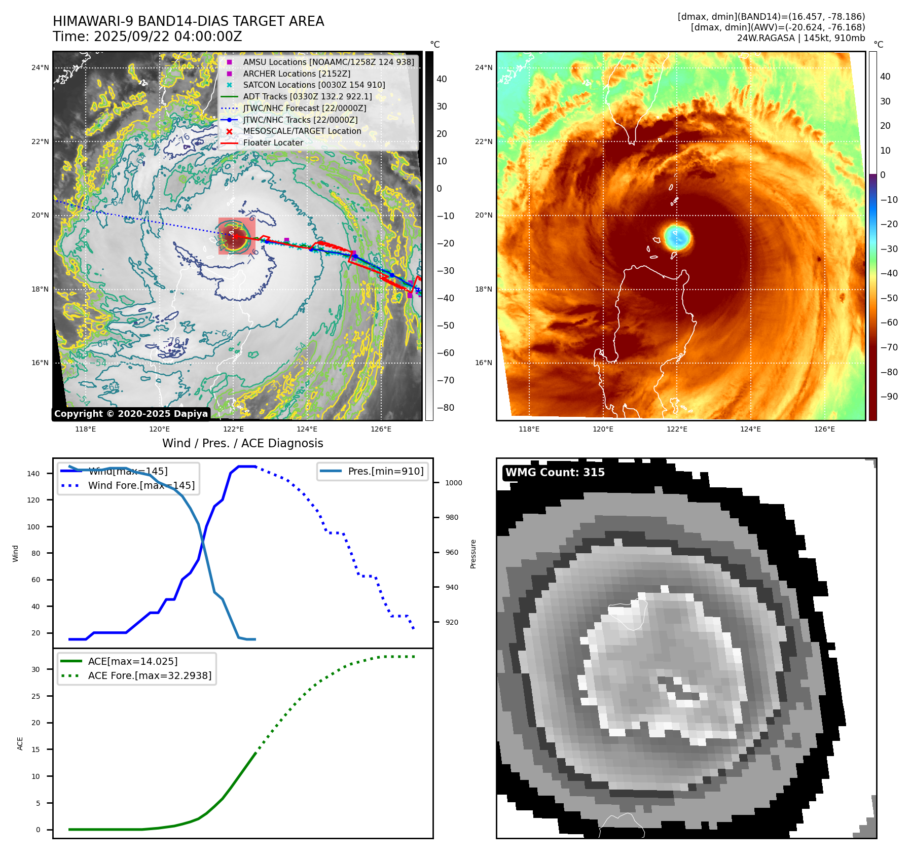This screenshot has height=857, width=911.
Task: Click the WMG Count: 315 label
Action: tap(555, 473)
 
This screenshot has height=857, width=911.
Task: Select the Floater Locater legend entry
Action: tap(273, 143)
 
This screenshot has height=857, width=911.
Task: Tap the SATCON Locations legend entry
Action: tap(314, 85)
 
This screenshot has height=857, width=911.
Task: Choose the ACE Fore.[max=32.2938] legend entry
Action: tap(150, 675)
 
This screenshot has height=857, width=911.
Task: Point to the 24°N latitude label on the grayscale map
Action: tap(40, 67)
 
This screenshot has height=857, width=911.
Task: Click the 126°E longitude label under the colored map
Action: tap(824, 430)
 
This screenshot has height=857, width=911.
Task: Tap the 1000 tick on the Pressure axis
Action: tap(453, 483)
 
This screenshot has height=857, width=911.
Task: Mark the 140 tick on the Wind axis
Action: tap(33, 474)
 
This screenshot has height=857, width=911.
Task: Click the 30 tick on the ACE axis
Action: tap(36, 669)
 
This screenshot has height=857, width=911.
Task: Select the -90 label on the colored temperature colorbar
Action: tap(889, 397)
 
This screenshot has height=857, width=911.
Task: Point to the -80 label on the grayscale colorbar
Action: tap(446, 408)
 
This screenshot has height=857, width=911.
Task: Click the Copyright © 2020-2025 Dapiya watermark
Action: tap(131, 414)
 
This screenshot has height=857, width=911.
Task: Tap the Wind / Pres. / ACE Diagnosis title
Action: tap(242, 443)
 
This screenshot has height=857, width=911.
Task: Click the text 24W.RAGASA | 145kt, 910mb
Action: tap(800, 38)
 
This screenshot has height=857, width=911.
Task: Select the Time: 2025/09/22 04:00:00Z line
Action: tap(148, 37)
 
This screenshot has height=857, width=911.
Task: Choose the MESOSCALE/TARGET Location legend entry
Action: tap(302, 131)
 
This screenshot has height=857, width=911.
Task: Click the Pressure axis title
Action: tap(473, 554)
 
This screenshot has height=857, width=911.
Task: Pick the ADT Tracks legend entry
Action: tap(307, 96)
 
